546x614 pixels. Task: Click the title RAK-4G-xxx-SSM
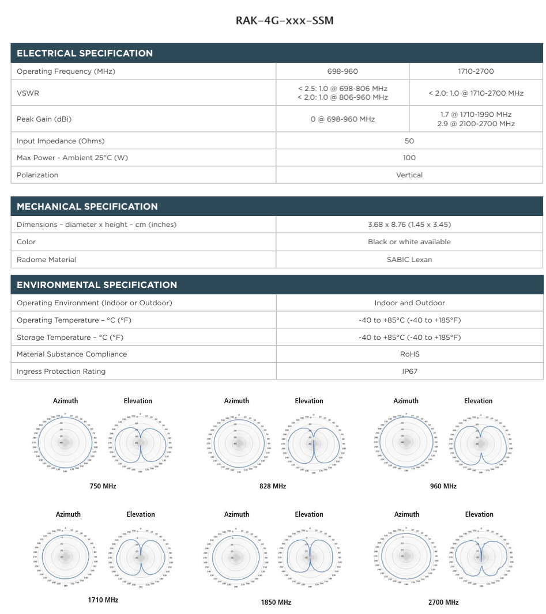tap(284, 21)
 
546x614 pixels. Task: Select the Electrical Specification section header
tap(85, 54)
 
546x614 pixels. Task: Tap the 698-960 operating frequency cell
tap(342, 71)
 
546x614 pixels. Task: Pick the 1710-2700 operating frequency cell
tap(476, 71)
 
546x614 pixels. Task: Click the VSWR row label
tap(28, 93)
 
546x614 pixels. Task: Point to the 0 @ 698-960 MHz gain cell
tap(342, 119)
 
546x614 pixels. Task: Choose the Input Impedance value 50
tap(409, 141)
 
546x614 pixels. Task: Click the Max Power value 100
tap(409, 158)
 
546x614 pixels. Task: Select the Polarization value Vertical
tap(409, 175)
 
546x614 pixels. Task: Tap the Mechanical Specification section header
tap(87, 207)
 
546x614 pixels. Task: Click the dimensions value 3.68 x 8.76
tap(409, 225)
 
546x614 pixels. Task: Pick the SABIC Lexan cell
tap(409, 260)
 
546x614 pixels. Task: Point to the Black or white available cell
tap(409, 242)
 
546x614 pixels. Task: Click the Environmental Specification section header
tap(97, 285)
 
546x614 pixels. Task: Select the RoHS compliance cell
tap(409, 354)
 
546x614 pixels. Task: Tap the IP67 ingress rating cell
tap(409, 372)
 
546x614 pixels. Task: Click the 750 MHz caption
tap(103, 487)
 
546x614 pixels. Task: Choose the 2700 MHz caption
tap(443, 602)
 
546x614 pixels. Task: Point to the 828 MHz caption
tap(273, 487)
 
